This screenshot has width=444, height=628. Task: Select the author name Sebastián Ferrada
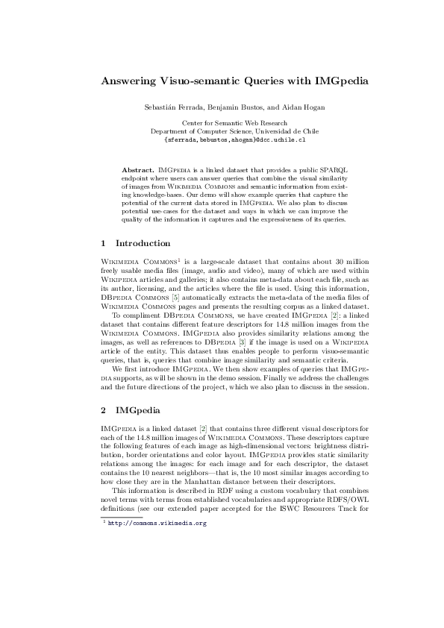[172, 108]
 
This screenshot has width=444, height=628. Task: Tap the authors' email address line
[222, 139]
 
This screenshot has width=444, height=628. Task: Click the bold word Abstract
[137, 170]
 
